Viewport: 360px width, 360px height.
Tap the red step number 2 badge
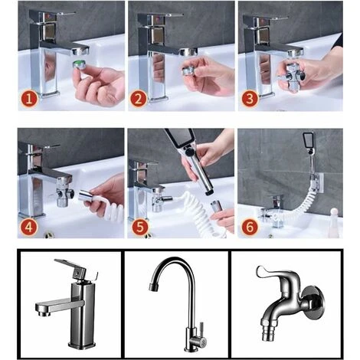[x=139, y=99]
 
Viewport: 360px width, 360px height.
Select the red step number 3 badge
[x=250, y=99]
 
